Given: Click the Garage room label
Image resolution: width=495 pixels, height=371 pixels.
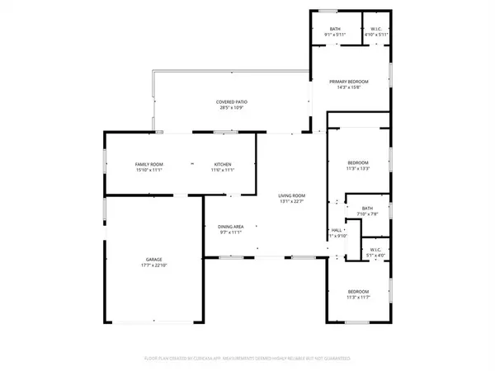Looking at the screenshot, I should (153, 260).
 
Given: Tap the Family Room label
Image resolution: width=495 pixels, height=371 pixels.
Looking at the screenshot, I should (149, 165).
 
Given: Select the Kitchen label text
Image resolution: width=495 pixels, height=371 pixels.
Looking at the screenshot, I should (223, 165).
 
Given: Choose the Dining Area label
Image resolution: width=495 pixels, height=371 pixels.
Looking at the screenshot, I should (230, 227).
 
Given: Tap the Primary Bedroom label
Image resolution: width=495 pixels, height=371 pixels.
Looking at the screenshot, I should (349, 82).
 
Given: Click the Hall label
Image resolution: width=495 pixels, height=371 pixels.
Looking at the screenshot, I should (337, 230).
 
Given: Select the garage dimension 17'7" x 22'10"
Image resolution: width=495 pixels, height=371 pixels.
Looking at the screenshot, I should (153, 265).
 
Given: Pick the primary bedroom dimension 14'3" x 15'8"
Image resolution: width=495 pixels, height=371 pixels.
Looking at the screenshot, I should (349, 87).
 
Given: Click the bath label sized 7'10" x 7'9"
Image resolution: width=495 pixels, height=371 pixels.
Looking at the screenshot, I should (367, 209).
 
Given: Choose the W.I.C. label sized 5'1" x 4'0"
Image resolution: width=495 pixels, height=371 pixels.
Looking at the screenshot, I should (375, 251).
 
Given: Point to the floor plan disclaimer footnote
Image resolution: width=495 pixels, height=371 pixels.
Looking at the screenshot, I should (247, 359).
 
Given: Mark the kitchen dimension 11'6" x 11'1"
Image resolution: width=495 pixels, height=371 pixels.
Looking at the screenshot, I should (223, 171).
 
